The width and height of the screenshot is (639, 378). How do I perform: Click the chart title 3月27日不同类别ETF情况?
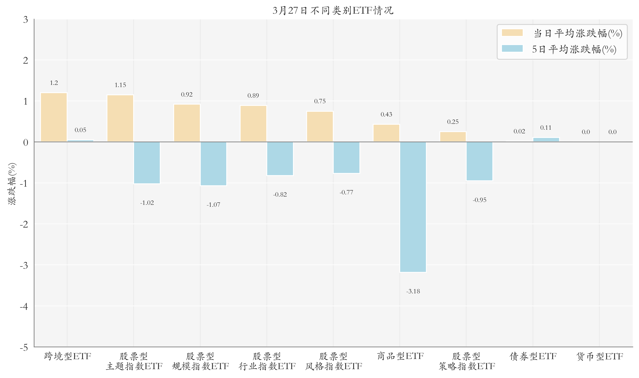[333, 10]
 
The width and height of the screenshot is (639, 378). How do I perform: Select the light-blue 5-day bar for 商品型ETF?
[413, 207]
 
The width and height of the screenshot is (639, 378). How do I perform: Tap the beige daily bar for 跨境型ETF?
[54, 117]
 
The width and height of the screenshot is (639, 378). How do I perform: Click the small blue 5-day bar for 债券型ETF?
[546, 140]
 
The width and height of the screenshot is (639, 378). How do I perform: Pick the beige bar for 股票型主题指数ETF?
[120, 118]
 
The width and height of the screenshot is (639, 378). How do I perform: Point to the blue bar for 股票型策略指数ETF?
[479, 161]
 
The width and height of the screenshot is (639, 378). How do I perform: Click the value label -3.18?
[413, 291]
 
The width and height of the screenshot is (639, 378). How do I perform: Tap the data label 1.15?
[120, 85]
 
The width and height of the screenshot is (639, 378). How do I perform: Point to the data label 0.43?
[386, 114]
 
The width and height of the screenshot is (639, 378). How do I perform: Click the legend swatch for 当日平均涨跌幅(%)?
[512, 33]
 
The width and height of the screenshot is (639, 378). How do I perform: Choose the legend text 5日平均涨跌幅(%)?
[574, 49]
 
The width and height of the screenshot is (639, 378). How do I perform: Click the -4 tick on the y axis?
[24, 306]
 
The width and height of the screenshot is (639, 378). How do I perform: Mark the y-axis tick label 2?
[26, 60]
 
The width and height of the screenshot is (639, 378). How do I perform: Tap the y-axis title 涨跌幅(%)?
[12, 183]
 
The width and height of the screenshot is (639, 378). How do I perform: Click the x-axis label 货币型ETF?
[600, 356]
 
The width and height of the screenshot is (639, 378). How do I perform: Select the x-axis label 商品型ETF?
[400, 356]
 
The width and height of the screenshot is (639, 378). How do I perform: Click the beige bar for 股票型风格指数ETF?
[320, 126]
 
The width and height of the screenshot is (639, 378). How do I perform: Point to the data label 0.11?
[546, 128]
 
